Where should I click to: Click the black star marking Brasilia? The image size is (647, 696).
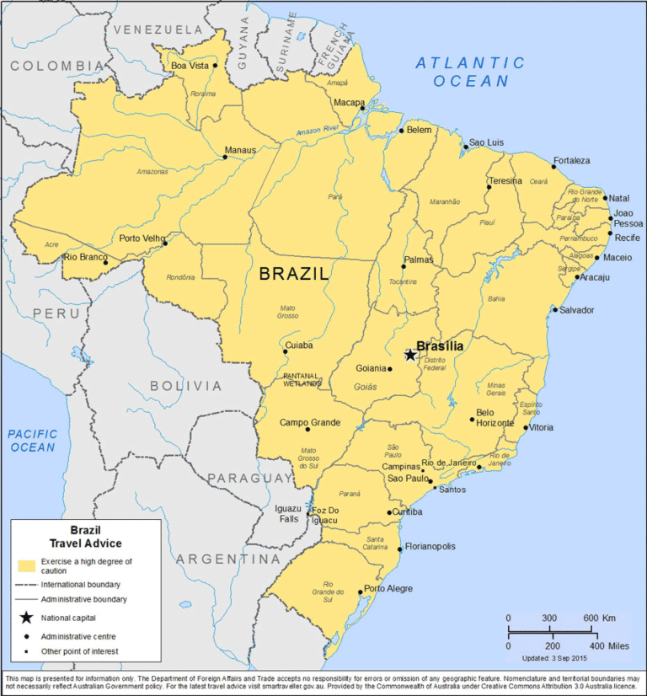(x=410, y=355)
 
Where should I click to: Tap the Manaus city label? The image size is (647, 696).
(x=240, y=151)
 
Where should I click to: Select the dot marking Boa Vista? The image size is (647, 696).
(x=215, y=65)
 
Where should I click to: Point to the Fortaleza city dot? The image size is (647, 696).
(x=553, y=166)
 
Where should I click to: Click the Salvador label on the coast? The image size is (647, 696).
(x=576, y=310)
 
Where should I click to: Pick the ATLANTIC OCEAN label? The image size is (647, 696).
(x=471, y=72)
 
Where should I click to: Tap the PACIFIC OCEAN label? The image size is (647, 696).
(x=34, y=441)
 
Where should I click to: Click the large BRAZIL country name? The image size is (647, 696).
(x=294, y=273)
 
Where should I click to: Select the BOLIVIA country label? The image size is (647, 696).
(x=185, y=386)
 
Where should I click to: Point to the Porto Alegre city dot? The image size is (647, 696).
(x=361, y=592)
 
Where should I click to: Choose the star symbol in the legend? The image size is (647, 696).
(x=26, y=618)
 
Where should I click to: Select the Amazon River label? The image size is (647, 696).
(x=317, y=130)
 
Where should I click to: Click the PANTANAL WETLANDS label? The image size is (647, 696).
(x=302, y=379)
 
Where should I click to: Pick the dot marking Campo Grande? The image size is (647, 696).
(x=307, y=430)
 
